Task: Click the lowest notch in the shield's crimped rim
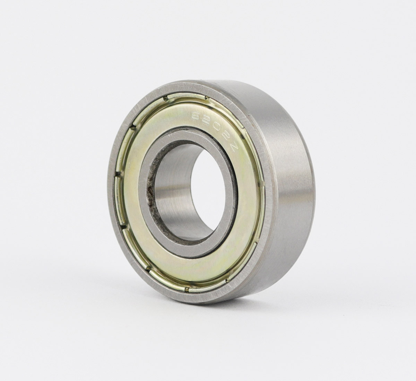coord(187,289)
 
